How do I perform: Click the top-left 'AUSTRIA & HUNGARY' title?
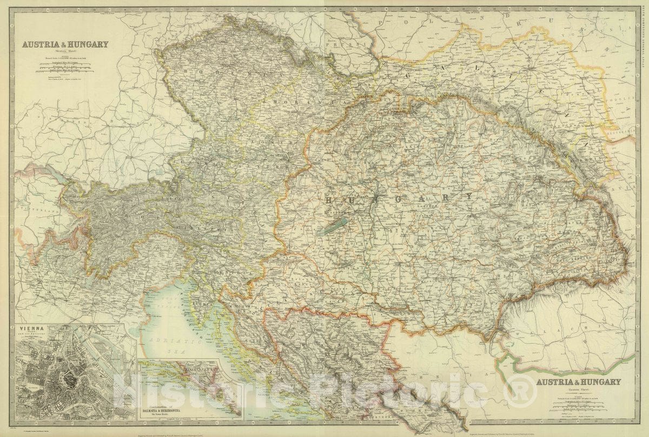click(x=65, y=45)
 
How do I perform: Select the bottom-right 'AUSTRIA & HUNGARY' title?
click(x=578, y=382)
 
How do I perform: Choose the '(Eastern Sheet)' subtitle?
click(x=578, y=390)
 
